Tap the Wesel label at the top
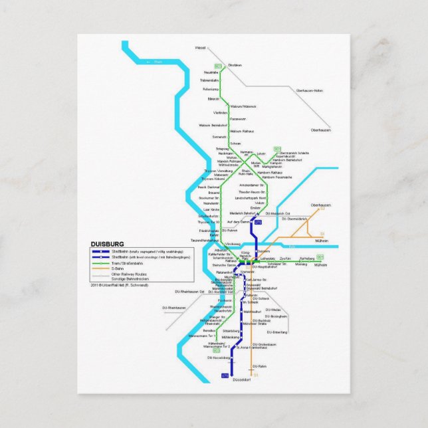tap(200, 48)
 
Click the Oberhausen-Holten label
tap(310, 90)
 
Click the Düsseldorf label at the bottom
tap(243, 379)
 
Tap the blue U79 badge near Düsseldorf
tap(224, 377)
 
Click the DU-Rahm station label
tap(260, 366)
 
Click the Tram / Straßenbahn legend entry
tap(126, 263)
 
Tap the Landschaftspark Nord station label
tap(253, 197)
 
